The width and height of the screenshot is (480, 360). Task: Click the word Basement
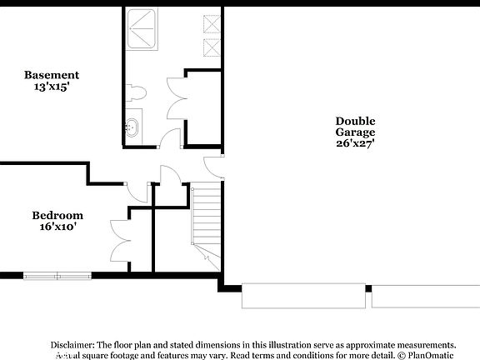point(52,75)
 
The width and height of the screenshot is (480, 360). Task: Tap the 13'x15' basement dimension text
point(52,86)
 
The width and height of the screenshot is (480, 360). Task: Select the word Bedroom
point(57,215)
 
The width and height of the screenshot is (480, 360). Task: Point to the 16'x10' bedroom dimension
point(57,226)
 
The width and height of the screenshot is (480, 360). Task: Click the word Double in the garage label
point(356,121)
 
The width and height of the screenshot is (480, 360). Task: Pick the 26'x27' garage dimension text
point(356,143)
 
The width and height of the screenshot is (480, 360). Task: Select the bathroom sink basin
point(133,128)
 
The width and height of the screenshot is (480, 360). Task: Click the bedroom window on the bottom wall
point(57,275)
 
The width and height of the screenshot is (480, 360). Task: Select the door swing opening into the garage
point(215,164)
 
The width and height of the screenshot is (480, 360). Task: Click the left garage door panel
point(302,297)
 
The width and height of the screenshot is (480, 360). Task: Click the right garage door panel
point(425,297)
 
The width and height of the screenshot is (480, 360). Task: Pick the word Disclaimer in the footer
point(72,344)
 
